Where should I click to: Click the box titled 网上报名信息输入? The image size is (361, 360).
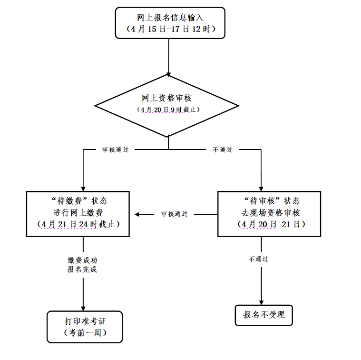(170, 18)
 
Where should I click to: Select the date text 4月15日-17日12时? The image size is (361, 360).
(170, 29)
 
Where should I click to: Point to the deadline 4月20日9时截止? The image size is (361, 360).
(168, 110)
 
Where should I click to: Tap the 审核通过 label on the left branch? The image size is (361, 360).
(115, 150)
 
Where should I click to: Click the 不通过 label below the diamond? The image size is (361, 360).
(223, 150)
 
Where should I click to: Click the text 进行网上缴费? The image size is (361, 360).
(78, 212)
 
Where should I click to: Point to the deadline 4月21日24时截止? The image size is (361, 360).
(78, 224)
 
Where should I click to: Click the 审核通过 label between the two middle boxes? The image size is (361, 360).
(174, 214)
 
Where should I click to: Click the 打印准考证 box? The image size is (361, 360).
(85, 320)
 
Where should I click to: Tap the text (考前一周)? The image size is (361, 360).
(85, 332)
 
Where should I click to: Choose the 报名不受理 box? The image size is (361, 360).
(264, 315)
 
